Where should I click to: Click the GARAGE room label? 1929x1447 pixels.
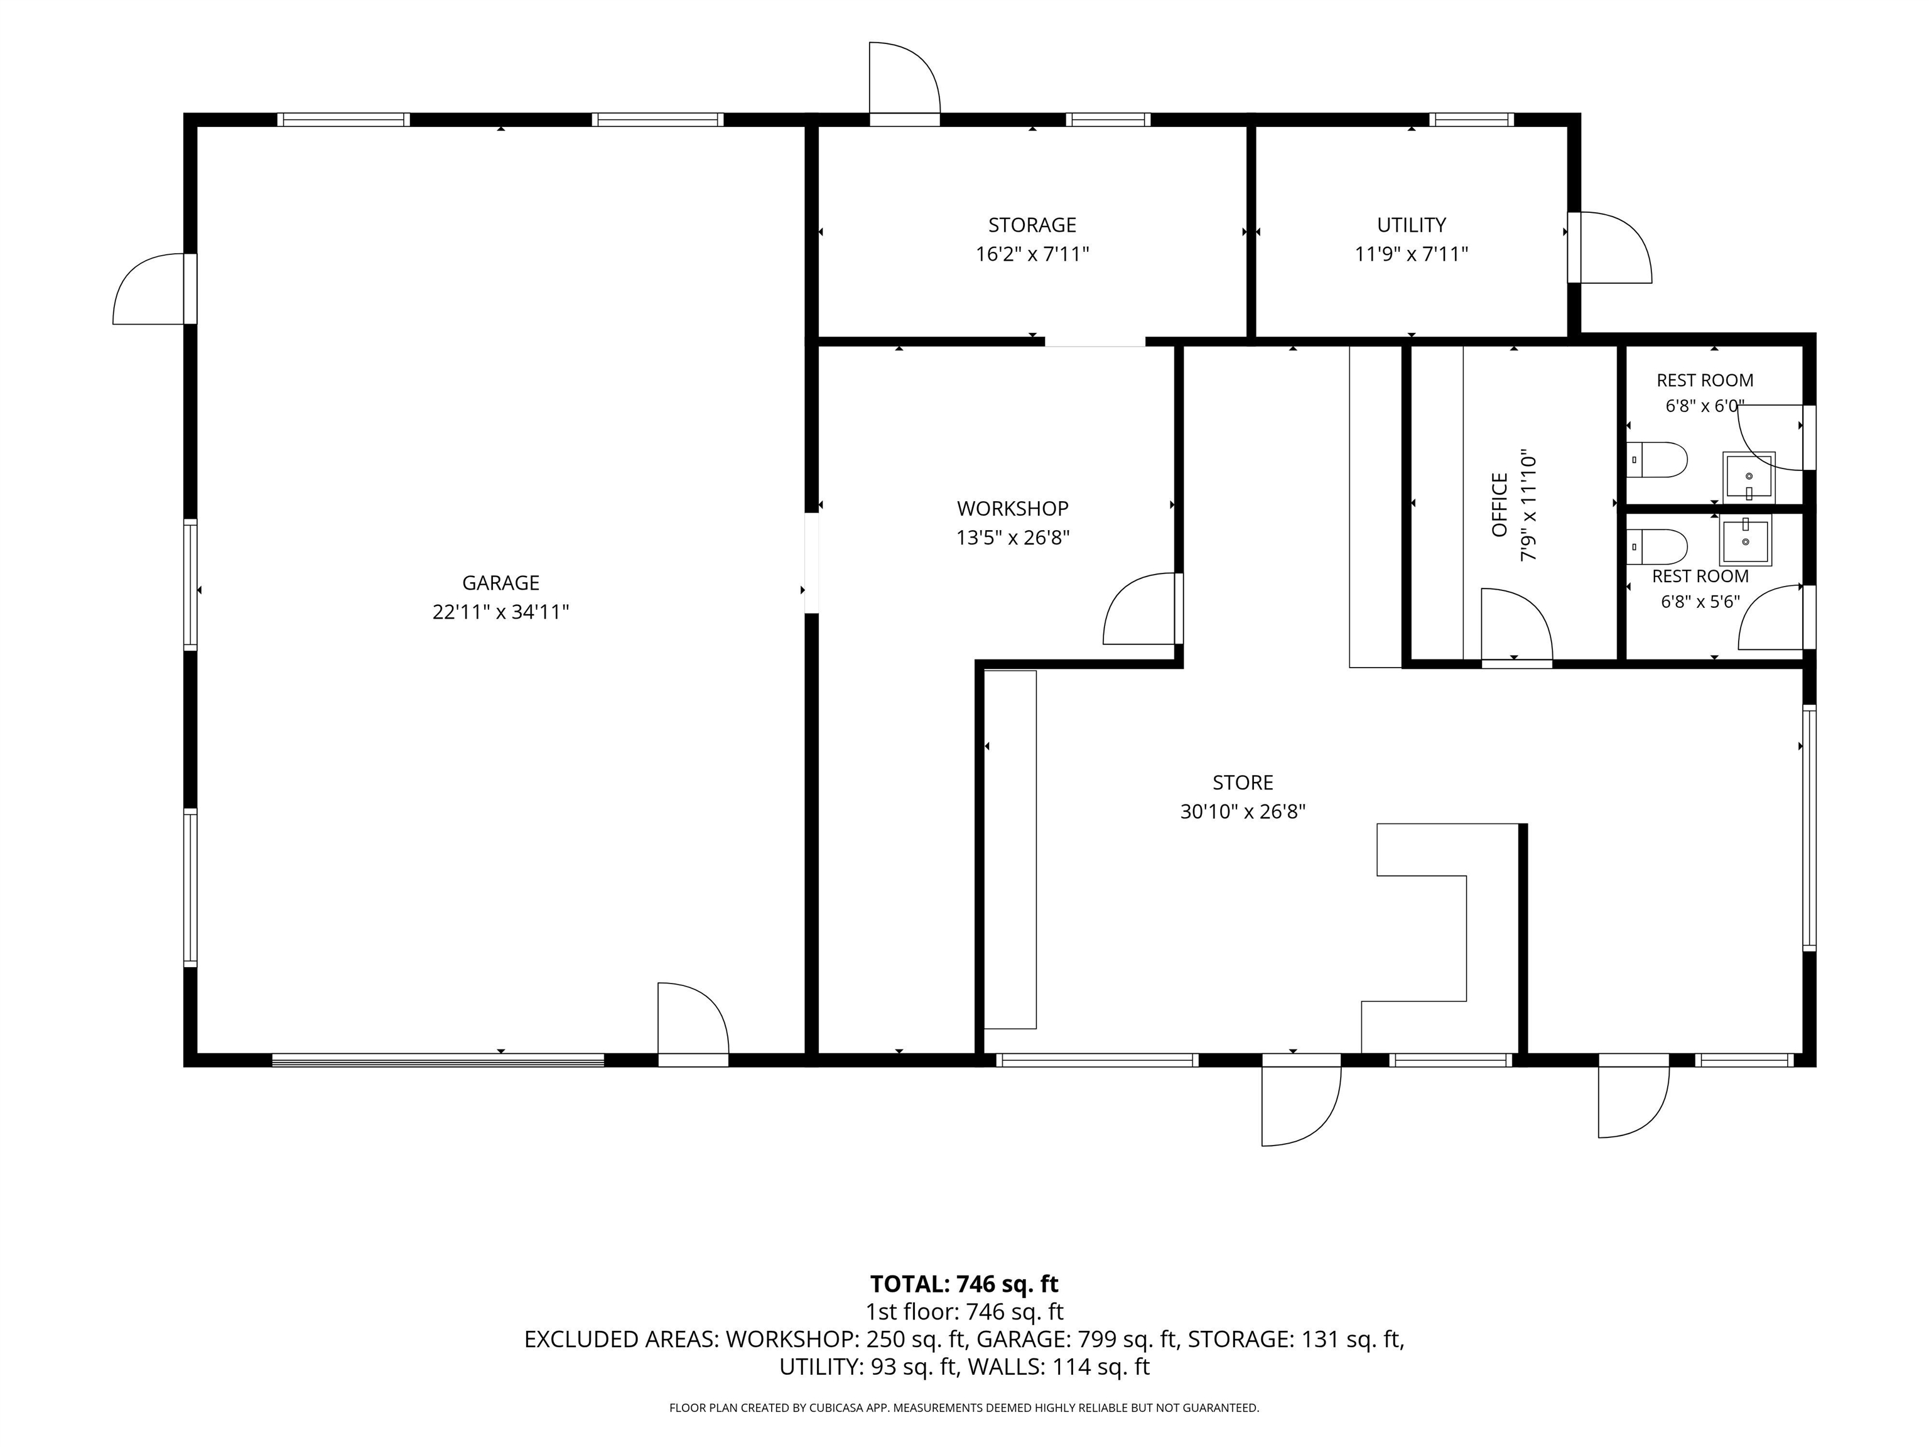pos(500,583)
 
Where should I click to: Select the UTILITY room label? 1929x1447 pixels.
pos(1411,225)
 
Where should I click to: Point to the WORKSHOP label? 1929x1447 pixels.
pos(1012,509)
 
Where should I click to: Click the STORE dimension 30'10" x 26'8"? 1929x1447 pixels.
pos(1243,812)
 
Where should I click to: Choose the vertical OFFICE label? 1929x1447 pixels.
pos(1500,505)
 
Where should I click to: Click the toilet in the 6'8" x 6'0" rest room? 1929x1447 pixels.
pos(1658,460)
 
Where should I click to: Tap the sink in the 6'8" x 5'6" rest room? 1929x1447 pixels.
pos(1746,541)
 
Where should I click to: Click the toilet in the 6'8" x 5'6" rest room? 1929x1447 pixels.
pos(1658,547)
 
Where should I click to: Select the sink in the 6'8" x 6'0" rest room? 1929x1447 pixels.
pos(1749,476)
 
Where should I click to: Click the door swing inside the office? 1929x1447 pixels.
pos(1516,624)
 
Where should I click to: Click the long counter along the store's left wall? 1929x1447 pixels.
pos(1011,850)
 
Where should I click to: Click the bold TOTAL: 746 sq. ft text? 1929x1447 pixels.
pos(964,1284)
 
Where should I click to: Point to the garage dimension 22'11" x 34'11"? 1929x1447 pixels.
pos(500,612)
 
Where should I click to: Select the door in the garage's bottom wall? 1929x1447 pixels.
pos(693,1024)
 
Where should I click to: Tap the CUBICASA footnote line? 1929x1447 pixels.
pos(964,1408)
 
